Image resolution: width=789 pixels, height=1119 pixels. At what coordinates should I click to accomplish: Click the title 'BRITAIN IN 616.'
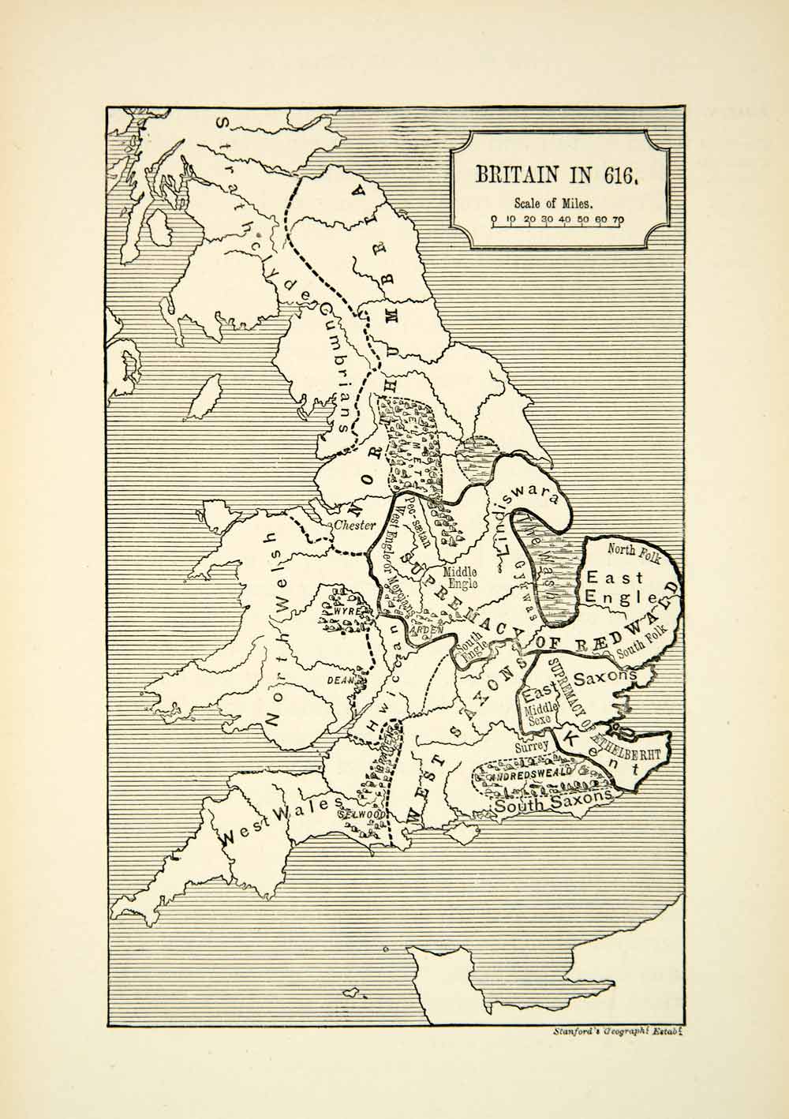(555, 174)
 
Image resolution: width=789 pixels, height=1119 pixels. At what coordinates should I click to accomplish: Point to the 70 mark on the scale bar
(618, 219)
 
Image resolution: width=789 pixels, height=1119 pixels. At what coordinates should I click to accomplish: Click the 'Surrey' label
(530, 743)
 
